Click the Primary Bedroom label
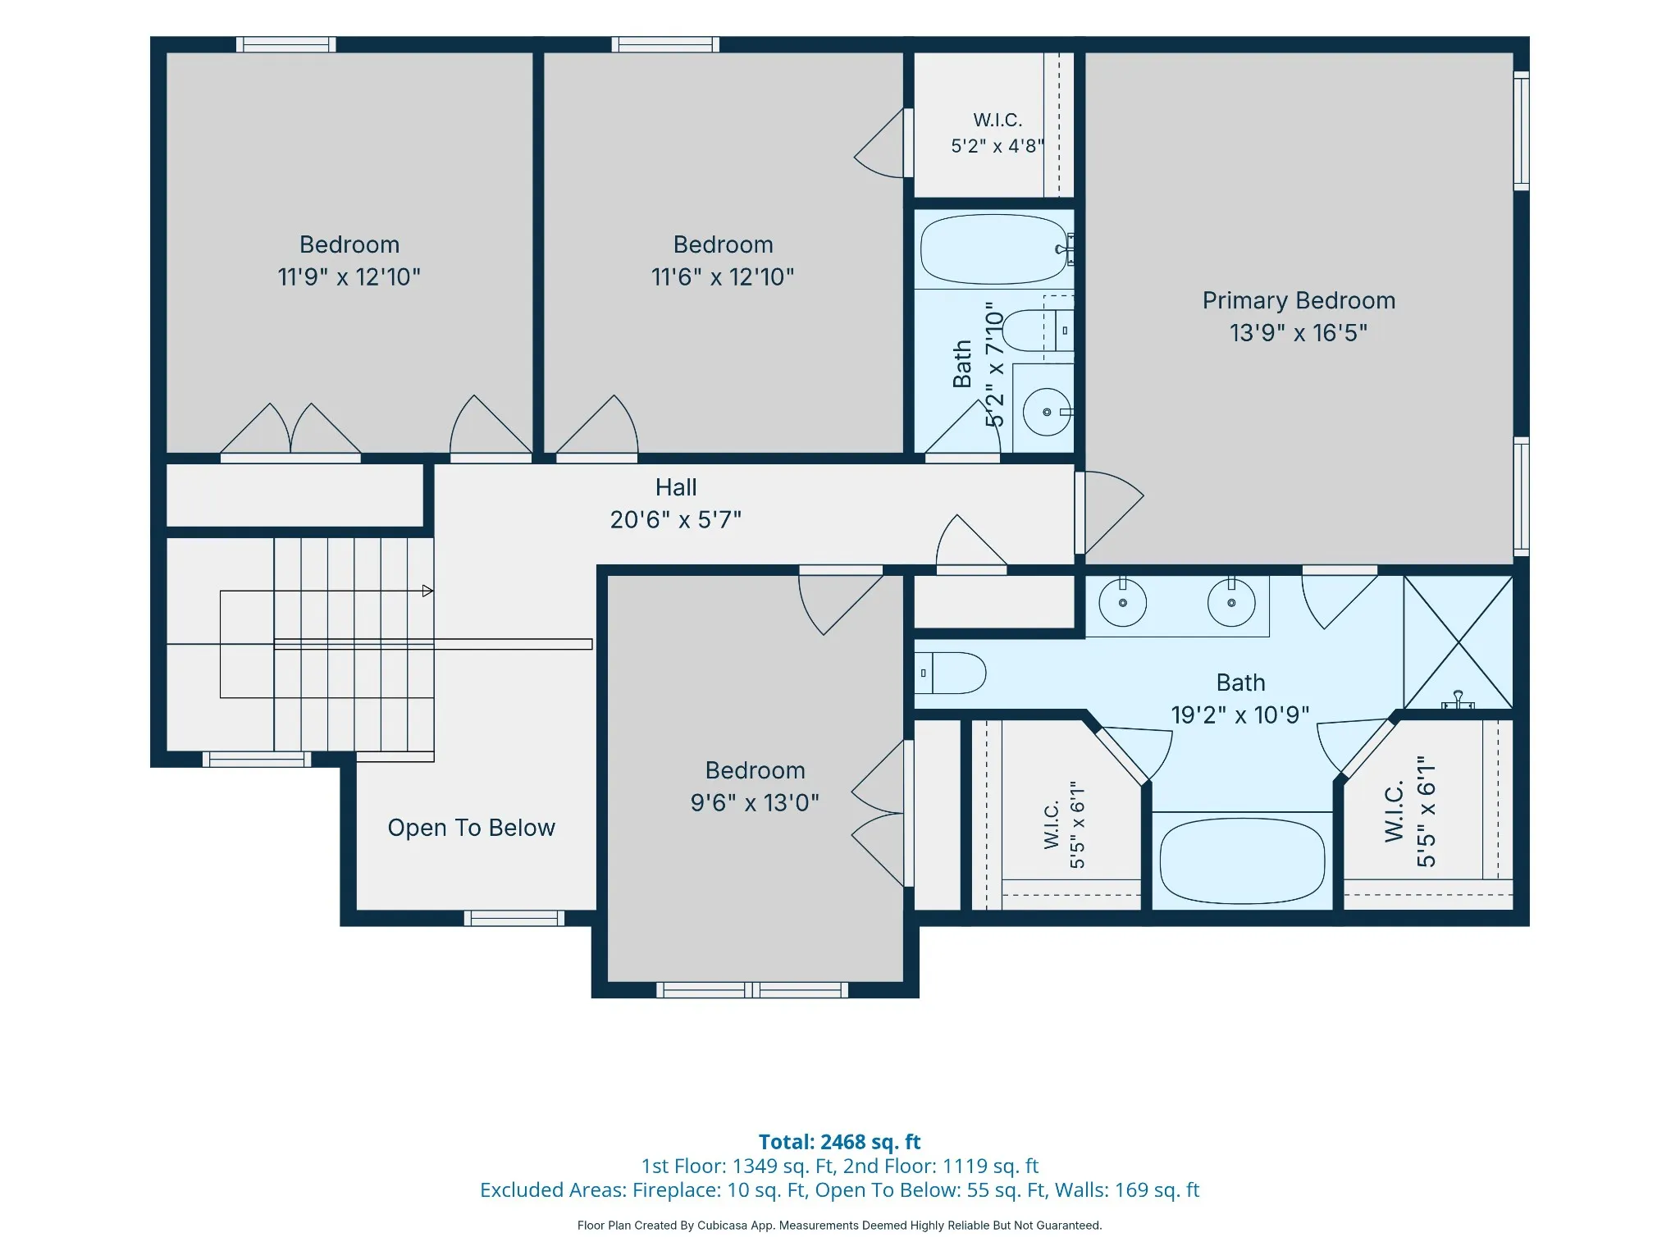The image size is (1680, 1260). tap(1299, 301)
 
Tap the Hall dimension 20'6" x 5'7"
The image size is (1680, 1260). tap(676, 519)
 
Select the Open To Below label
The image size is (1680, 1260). tap(472, 828)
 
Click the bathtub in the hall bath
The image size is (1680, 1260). tap(994, 249)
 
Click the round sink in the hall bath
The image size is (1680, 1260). tap(1047, 412)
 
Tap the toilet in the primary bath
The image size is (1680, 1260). tap(951, 673)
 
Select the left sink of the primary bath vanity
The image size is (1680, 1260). tap(1122, 602)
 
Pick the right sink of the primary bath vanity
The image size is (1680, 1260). tap(1231, 602)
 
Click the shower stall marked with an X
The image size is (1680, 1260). tap(1458, 642)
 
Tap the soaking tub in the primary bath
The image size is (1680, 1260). tap(1242, 861)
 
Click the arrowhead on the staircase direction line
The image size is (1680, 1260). tap(427, 591)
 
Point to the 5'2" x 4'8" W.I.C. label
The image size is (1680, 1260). tap(997, 133)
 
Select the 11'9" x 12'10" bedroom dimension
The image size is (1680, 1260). tap(349, 277)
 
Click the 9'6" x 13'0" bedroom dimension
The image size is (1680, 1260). tap(755, 802)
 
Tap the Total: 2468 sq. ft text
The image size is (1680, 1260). tap(840, 1142)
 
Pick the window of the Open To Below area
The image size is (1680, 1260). tap(514, 918)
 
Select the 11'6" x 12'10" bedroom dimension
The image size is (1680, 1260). tap(723, 277)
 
